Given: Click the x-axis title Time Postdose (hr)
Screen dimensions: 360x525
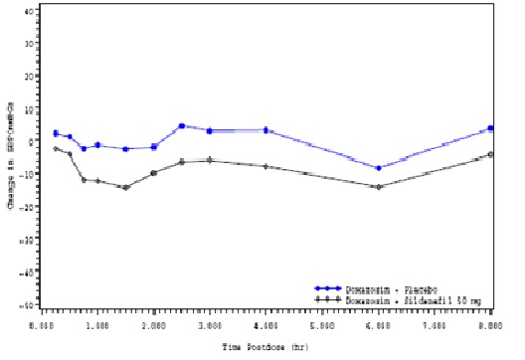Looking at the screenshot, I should (267, 348).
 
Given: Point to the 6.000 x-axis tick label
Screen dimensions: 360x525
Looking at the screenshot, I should (379, 325).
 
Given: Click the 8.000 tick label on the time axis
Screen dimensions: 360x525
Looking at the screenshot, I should (490, 325).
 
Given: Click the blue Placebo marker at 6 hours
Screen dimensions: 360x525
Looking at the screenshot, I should (378, 168).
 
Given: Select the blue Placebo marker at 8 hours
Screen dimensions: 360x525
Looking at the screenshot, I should (490, 128).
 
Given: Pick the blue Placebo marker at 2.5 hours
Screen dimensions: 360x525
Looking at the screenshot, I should (182, 126).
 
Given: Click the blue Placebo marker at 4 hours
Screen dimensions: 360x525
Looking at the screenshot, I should (266, 130).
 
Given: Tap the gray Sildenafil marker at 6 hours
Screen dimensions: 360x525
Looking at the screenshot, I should (378, 187).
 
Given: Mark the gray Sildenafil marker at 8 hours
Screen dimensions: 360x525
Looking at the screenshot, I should (490, 154).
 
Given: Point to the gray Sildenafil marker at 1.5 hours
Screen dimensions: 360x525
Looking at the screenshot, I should (126, 187).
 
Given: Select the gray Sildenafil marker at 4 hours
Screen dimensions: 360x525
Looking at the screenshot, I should (266, 166).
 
